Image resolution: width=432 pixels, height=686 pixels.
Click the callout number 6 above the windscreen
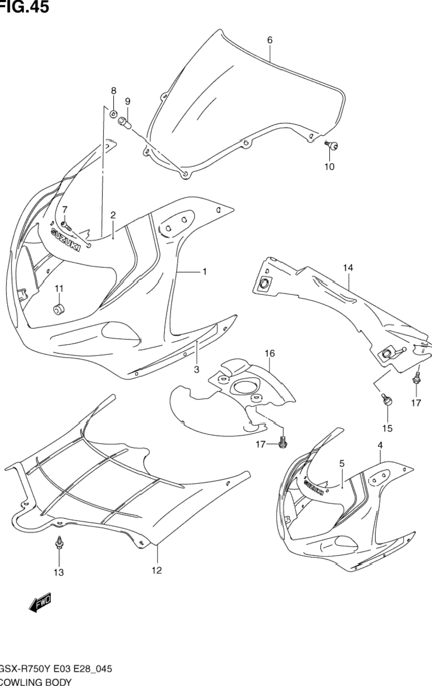pos(270,40)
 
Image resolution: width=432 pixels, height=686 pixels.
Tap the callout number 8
pos(114,90)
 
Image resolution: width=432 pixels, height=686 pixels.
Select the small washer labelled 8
pos(113,114)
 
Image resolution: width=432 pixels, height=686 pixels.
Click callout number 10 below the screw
pos(329,167)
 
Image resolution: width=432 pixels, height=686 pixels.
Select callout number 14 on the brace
pos(348,268)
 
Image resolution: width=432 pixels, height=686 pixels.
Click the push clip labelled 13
pos(58,544)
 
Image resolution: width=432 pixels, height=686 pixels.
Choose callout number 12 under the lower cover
pos(157,571)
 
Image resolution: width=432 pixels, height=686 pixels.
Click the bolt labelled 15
pos(386,401)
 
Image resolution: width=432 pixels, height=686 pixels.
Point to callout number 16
pos(270,353)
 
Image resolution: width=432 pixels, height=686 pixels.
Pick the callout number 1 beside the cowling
pos(204,271)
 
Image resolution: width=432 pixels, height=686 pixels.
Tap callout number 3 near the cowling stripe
pos(196,370)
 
